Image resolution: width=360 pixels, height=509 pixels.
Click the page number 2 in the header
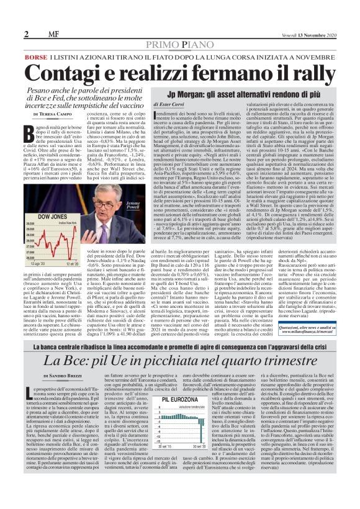(27, 34)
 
